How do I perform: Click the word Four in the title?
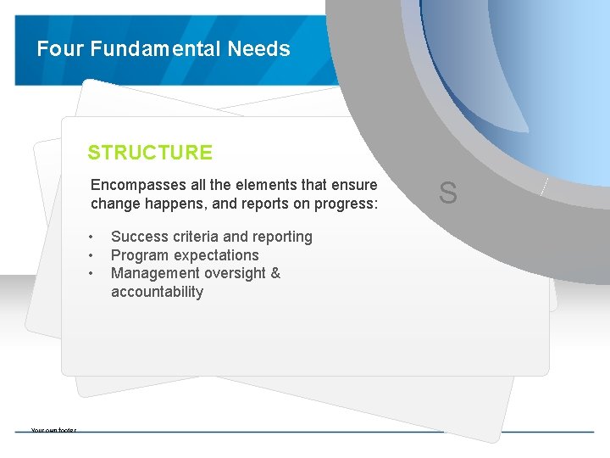61,49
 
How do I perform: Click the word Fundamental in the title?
156,49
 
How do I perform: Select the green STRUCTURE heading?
150,153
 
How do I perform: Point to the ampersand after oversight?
274,273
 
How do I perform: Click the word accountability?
157,292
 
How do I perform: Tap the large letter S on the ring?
448,193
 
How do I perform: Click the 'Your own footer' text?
53,430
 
